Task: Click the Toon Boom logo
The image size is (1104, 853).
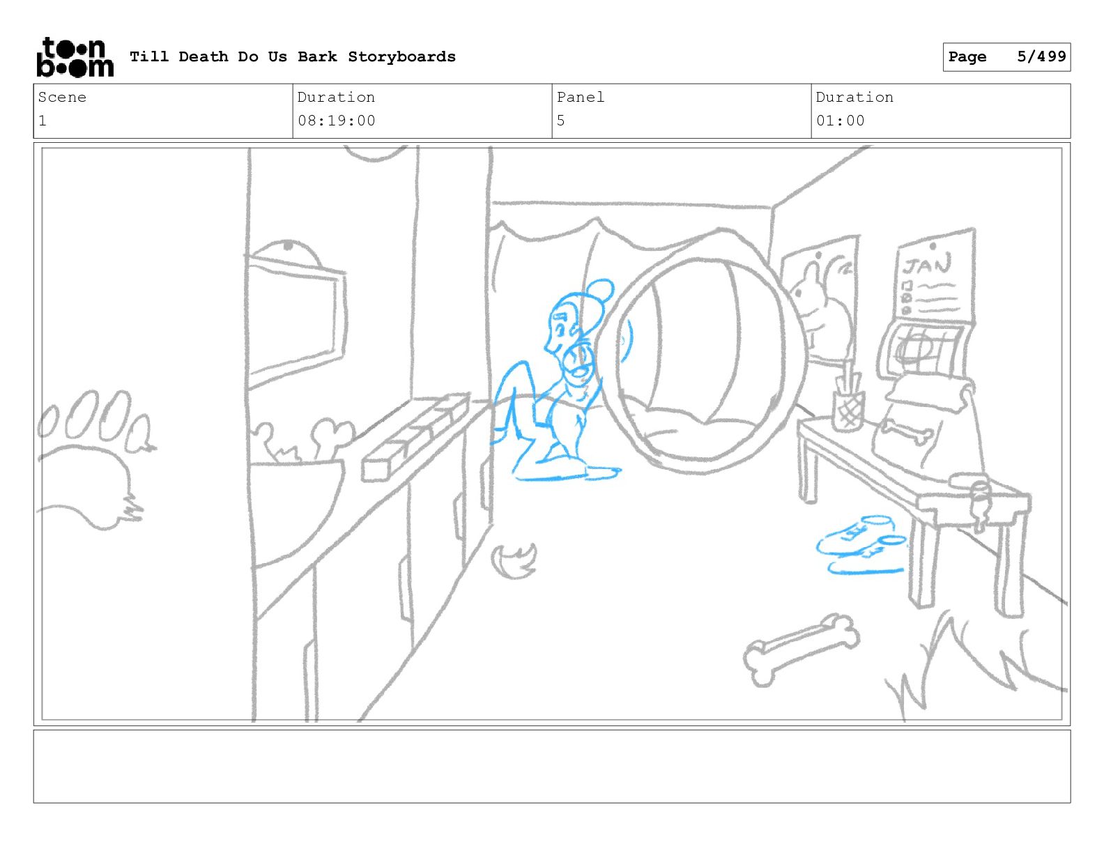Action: coord(75,57)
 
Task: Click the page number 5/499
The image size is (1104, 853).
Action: coord(1041,56)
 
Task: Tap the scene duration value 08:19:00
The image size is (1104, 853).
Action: coord(336,121)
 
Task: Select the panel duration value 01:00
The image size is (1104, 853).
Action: coord(840,121)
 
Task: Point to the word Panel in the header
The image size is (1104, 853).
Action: coord(580,97)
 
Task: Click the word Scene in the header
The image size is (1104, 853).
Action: coord(62,97)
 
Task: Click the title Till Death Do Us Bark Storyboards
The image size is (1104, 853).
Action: coord(293,56)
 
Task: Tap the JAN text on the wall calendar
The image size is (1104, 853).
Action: coord(926,266)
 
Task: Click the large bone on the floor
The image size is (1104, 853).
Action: coord(801,650)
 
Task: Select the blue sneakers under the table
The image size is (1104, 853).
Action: coord(861,546)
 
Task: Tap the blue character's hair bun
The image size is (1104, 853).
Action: coord(600,291)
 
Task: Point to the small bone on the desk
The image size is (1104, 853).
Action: coord(908,432)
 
